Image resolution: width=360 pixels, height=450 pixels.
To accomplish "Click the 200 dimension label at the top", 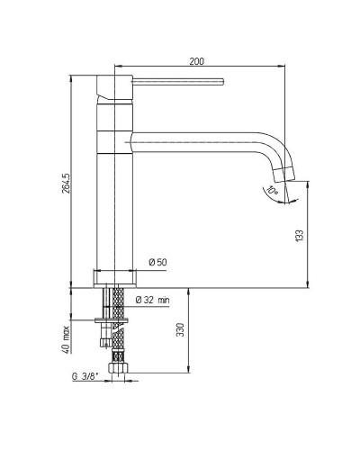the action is [196, 61].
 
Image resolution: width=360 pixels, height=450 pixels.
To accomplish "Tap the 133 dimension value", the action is [300, 235].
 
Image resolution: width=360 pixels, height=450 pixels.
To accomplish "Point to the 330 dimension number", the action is [180, 329].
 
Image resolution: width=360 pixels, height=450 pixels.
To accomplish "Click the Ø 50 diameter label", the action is [157, 262].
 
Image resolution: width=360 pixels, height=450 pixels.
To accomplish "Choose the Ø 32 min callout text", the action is [152, 300].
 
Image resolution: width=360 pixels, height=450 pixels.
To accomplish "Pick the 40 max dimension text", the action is [66, 339].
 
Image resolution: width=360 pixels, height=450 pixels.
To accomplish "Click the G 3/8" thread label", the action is [85, 377].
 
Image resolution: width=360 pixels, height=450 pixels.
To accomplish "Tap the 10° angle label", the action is [273, 191].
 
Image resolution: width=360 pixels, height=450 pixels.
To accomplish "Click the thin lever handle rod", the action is [178, 82].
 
